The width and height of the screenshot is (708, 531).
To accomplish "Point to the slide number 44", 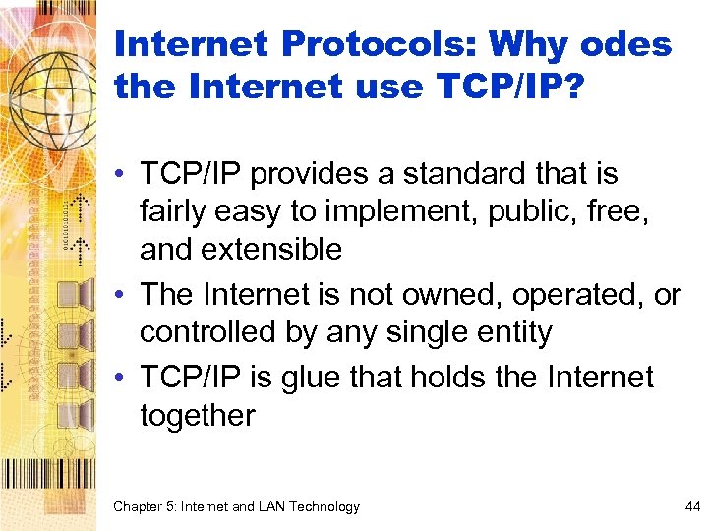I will (x=691, y=507).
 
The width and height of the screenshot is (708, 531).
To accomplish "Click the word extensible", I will (x=273, y=249).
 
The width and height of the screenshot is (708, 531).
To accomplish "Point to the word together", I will (x=198, y=415).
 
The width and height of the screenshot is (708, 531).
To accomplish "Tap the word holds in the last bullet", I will (x=474, y=378).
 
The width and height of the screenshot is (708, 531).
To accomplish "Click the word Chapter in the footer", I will (x=141, y=507).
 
